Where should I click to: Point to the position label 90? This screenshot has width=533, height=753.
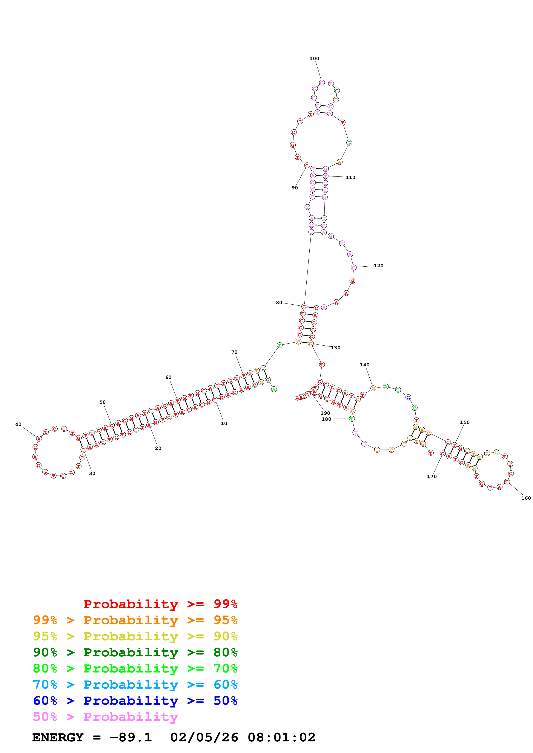pyautogui.click(x=295, y=188)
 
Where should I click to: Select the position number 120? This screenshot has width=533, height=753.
pyautogui.click(x=378, y=266)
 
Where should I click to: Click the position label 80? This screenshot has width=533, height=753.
pyautogui.click(x=279, y=302)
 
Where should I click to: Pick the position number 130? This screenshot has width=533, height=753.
pyautogui.click(x=335, y=348)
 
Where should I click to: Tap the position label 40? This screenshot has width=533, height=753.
pyautogui.click(x=18, y=424)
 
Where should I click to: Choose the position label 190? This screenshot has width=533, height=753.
pyautogui.click(x=325, y=413)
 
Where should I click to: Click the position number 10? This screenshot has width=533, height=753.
pyautogui.click(x=224, y=423)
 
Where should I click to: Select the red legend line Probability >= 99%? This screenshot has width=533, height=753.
pyautogui.click(x=160, y=604)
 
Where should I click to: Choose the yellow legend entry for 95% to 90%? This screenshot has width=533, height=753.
pyautogui.click(x=135, y=636)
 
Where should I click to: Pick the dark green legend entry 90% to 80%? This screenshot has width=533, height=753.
pyautogui.click(x=135, y=652)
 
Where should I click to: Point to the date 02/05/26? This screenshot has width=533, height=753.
pyautogui.click(x=204, y=738)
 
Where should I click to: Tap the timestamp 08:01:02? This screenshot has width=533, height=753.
pyautogui.click(x=281, y=738)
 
